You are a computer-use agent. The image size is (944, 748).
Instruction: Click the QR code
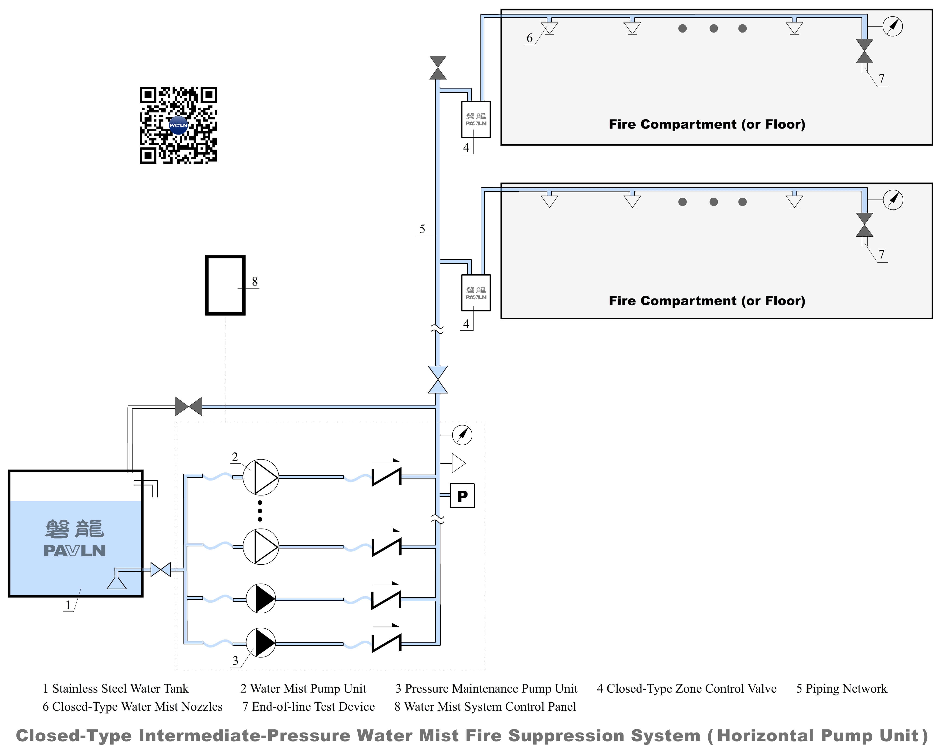178,125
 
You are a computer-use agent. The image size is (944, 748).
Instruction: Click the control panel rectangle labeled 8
225,285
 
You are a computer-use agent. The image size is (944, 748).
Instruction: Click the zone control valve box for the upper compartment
476,120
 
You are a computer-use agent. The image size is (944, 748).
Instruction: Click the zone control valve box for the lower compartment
476,293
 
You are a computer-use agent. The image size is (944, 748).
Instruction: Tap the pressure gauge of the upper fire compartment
893,26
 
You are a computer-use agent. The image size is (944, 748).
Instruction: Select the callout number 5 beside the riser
422,229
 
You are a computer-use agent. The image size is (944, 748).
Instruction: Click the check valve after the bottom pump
386,643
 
